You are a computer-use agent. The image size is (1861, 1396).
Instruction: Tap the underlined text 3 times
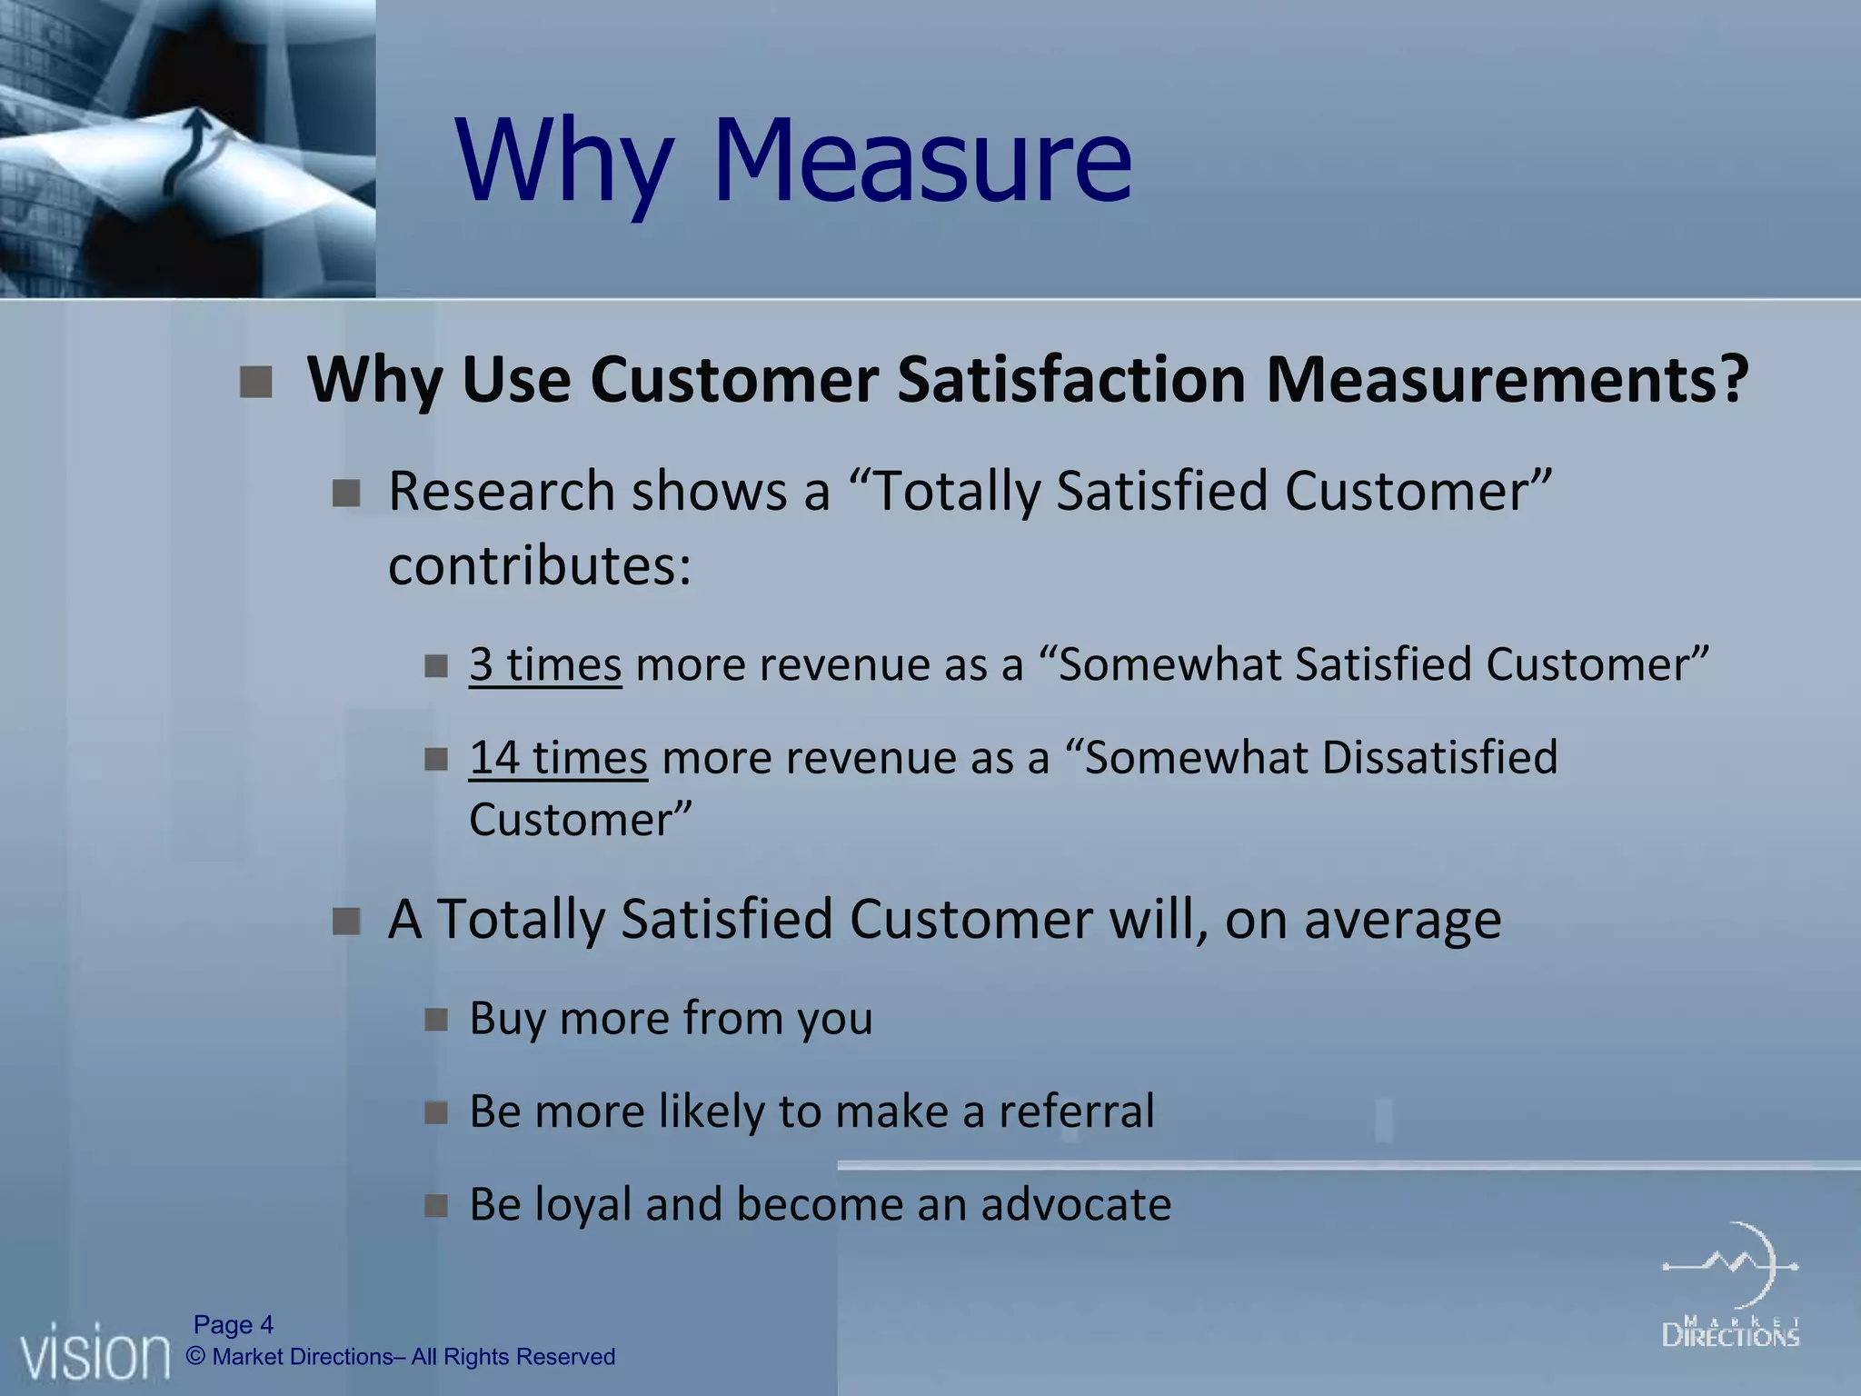(545, 664)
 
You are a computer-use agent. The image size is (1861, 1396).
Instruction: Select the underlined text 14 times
(558, 758)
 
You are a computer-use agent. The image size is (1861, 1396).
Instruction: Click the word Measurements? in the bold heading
(1507, 379)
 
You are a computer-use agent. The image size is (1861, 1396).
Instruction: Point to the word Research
(502, 492)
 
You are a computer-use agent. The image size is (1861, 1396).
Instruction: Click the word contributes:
(540, 565)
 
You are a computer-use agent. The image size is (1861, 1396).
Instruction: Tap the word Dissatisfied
(1439, 758)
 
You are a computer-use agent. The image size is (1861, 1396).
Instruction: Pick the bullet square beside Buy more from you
(436, 1020)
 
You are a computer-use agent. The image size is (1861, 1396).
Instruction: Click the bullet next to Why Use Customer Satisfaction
(256, 382)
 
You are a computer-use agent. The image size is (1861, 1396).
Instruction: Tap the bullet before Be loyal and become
(436, 1206)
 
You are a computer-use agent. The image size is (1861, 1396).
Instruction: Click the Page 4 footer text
(234, 1325)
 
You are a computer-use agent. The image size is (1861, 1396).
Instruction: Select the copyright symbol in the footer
(195, 1357)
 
